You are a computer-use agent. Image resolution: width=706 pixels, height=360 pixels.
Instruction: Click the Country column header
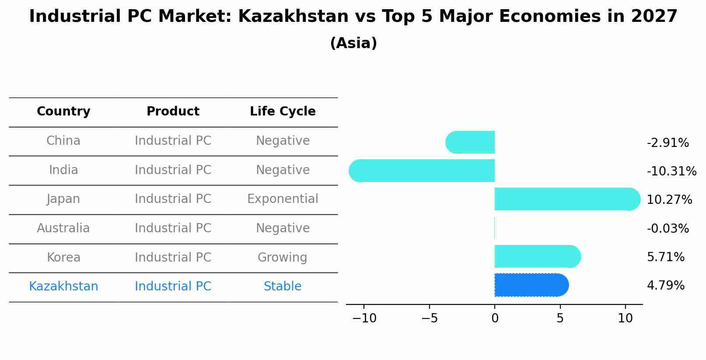[63, 112]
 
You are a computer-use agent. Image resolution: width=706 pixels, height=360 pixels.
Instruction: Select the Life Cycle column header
[283, 112]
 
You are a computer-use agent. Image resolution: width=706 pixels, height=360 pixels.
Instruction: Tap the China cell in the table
[63, 141]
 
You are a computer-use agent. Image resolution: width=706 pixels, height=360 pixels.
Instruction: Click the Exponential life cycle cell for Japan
[283, 199]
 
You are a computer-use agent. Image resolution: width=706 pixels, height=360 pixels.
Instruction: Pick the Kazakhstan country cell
[63, 287]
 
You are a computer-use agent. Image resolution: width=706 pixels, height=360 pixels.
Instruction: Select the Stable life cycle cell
[283, 287]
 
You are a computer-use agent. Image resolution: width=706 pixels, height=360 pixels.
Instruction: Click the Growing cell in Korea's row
[283, 258]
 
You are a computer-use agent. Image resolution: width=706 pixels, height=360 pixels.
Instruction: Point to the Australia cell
[63, 228]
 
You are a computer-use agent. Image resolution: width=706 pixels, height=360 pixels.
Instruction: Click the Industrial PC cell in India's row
[173, 170]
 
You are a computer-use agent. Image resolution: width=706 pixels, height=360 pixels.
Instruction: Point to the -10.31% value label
[671, 171]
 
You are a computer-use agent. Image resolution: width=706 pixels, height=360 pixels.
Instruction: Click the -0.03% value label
[668, 229]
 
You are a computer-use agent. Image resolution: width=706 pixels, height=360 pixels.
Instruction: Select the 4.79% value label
[665, 286]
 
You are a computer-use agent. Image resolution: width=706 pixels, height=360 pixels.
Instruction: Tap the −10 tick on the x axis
[364, 318]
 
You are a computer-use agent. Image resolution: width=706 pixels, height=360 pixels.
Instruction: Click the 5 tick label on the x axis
[560, 318]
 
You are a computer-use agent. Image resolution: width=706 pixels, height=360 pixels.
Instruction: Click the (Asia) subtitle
[353, 43]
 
